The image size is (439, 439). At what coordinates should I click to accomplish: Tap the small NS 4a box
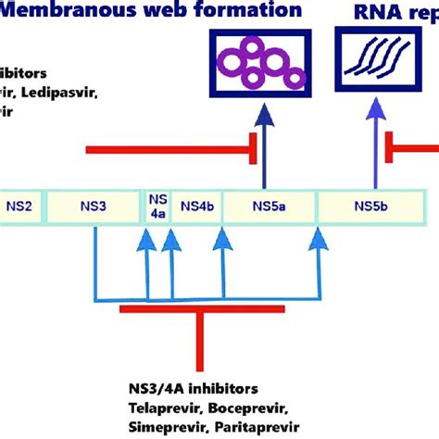157,207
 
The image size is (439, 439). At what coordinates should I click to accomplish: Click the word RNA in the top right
374,14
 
